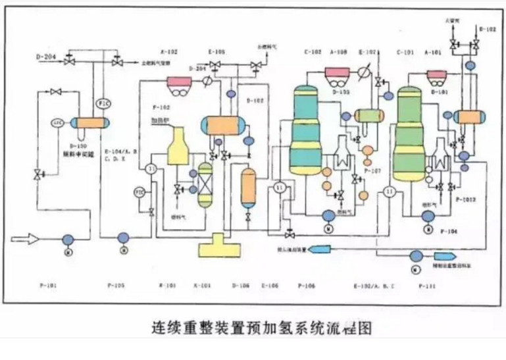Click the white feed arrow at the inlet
tap(27, 239)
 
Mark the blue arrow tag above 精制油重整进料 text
tap(440, 255)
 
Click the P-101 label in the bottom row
tap(49, 285)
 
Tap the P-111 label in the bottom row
tap(428, 285)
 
